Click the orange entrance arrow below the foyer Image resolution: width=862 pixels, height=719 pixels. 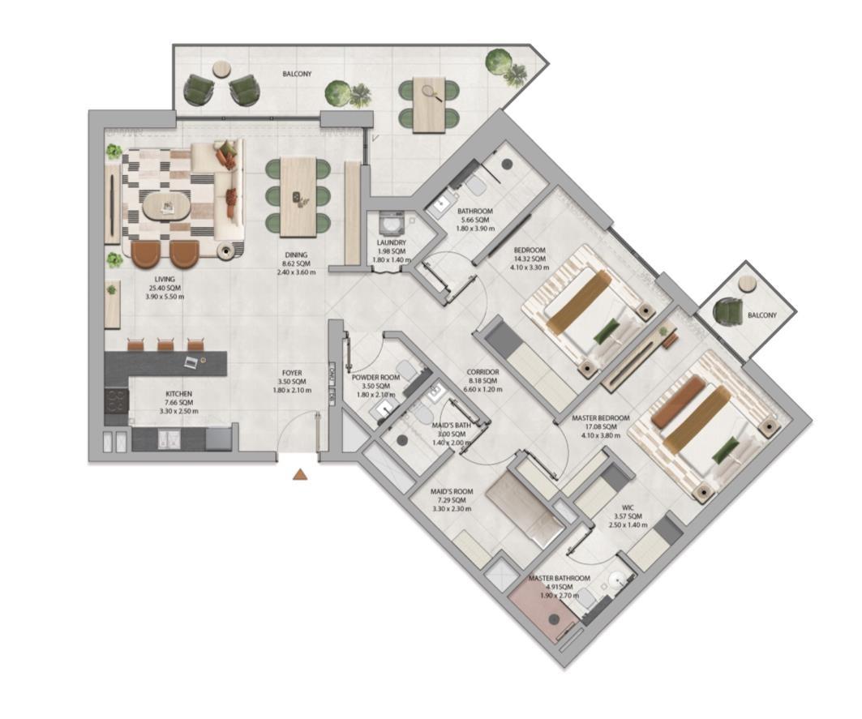click(299, 475)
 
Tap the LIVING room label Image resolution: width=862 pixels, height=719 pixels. click(165, 279)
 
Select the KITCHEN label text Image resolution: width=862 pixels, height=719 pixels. click(179, 394)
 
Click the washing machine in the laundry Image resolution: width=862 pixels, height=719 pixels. click(391, 225)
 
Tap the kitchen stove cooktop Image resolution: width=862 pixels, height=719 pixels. click(116, 401)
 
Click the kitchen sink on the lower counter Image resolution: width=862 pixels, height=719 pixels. click(169, 439)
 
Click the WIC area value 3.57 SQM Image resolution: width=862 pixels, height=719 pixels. click(628, 516)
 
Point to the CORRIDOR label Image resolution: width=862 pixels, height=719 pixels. click(483, 372)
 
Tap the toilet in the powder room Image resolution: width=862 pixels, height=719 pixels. click(406, 370)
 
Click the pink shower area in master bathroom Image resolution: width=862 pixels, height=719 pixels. click(543, 613)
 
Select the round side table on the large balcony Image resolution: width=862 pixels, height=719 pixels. click(221, 70)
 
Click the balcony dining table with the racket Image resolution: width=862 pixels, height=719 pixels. click(429, 105)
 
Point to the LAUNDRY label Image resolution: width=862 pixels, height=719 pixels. click(392, 242)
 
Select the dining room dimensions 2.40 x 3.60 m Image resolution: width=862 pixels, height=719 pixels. click(296, 272)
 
